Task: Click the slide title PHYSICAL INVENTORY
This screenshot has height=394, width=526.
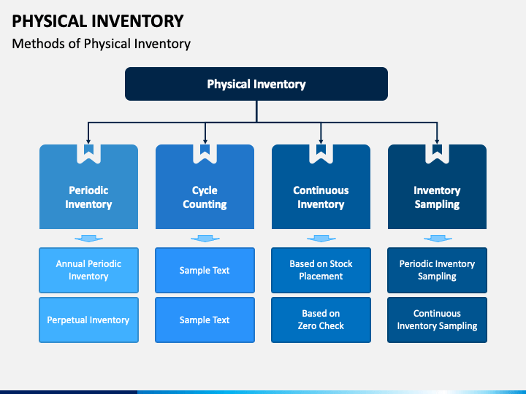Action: click(98, 21)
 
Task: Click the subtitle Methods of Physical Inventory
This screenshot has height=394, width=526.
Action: click(101, 44)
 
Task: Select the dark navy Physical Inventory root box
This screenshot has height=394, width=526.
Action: click(256, 84)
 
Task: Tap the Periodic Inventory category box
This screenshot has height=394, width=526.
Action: click(88, 187)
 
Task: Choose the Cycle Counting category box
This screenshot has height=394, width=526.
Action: click(205, 187)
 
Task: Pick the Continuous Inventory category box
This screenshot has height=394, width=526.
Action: click(321, 187)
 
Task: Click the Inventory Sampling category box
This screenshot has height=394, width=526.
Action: click(437, 187)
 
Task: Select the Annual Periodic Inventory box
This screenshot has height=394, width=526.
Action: click(88, 270)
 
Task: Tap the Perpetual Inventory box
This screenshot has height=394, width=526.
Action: click(88, 320)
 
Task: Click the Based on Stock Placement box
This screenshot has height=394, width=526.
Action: click(321, 270)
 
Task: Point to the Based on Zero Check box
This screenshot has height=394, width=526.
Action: click(321, 320)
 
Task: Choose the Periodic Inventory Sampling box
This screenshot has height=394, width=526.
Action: click(437, 270)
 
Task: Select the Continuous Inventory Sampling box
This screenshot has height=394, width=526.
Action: click(437, 320)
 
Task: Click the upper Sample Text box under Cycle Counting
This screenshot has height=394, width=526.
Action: click(205, 270)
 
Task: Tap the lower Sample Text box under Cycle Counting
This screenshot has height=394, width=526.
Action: click(205, 320)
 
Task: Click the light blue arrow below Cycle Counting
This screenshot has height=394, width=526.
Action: click(205, 239)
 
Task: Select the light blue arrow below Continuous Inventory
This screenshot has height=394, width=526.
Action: click(321, 239)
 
